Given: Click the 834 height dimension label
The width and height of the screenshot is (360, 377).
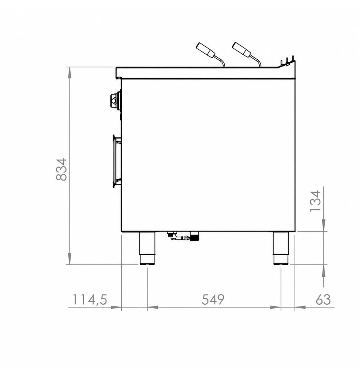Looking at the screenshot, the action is [61, 169].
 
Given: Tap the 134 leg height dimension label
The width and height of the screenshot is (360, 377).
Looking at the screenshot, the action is [315, 201].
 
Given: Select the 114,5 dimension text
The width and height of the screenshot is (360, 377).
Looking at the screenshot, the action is [90, 300].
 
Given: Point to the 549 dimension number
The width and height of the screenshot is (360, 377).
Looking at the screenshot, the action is [213, 300].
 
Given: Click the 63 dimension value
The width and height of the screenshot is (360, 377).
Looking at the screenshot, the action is [323, 300].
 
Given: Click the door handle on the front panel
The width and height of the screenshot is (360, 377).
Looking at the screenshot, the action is [117, 161].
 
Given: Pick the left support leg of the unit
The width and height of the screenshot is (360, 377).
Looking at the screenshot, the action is [147, 248].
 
